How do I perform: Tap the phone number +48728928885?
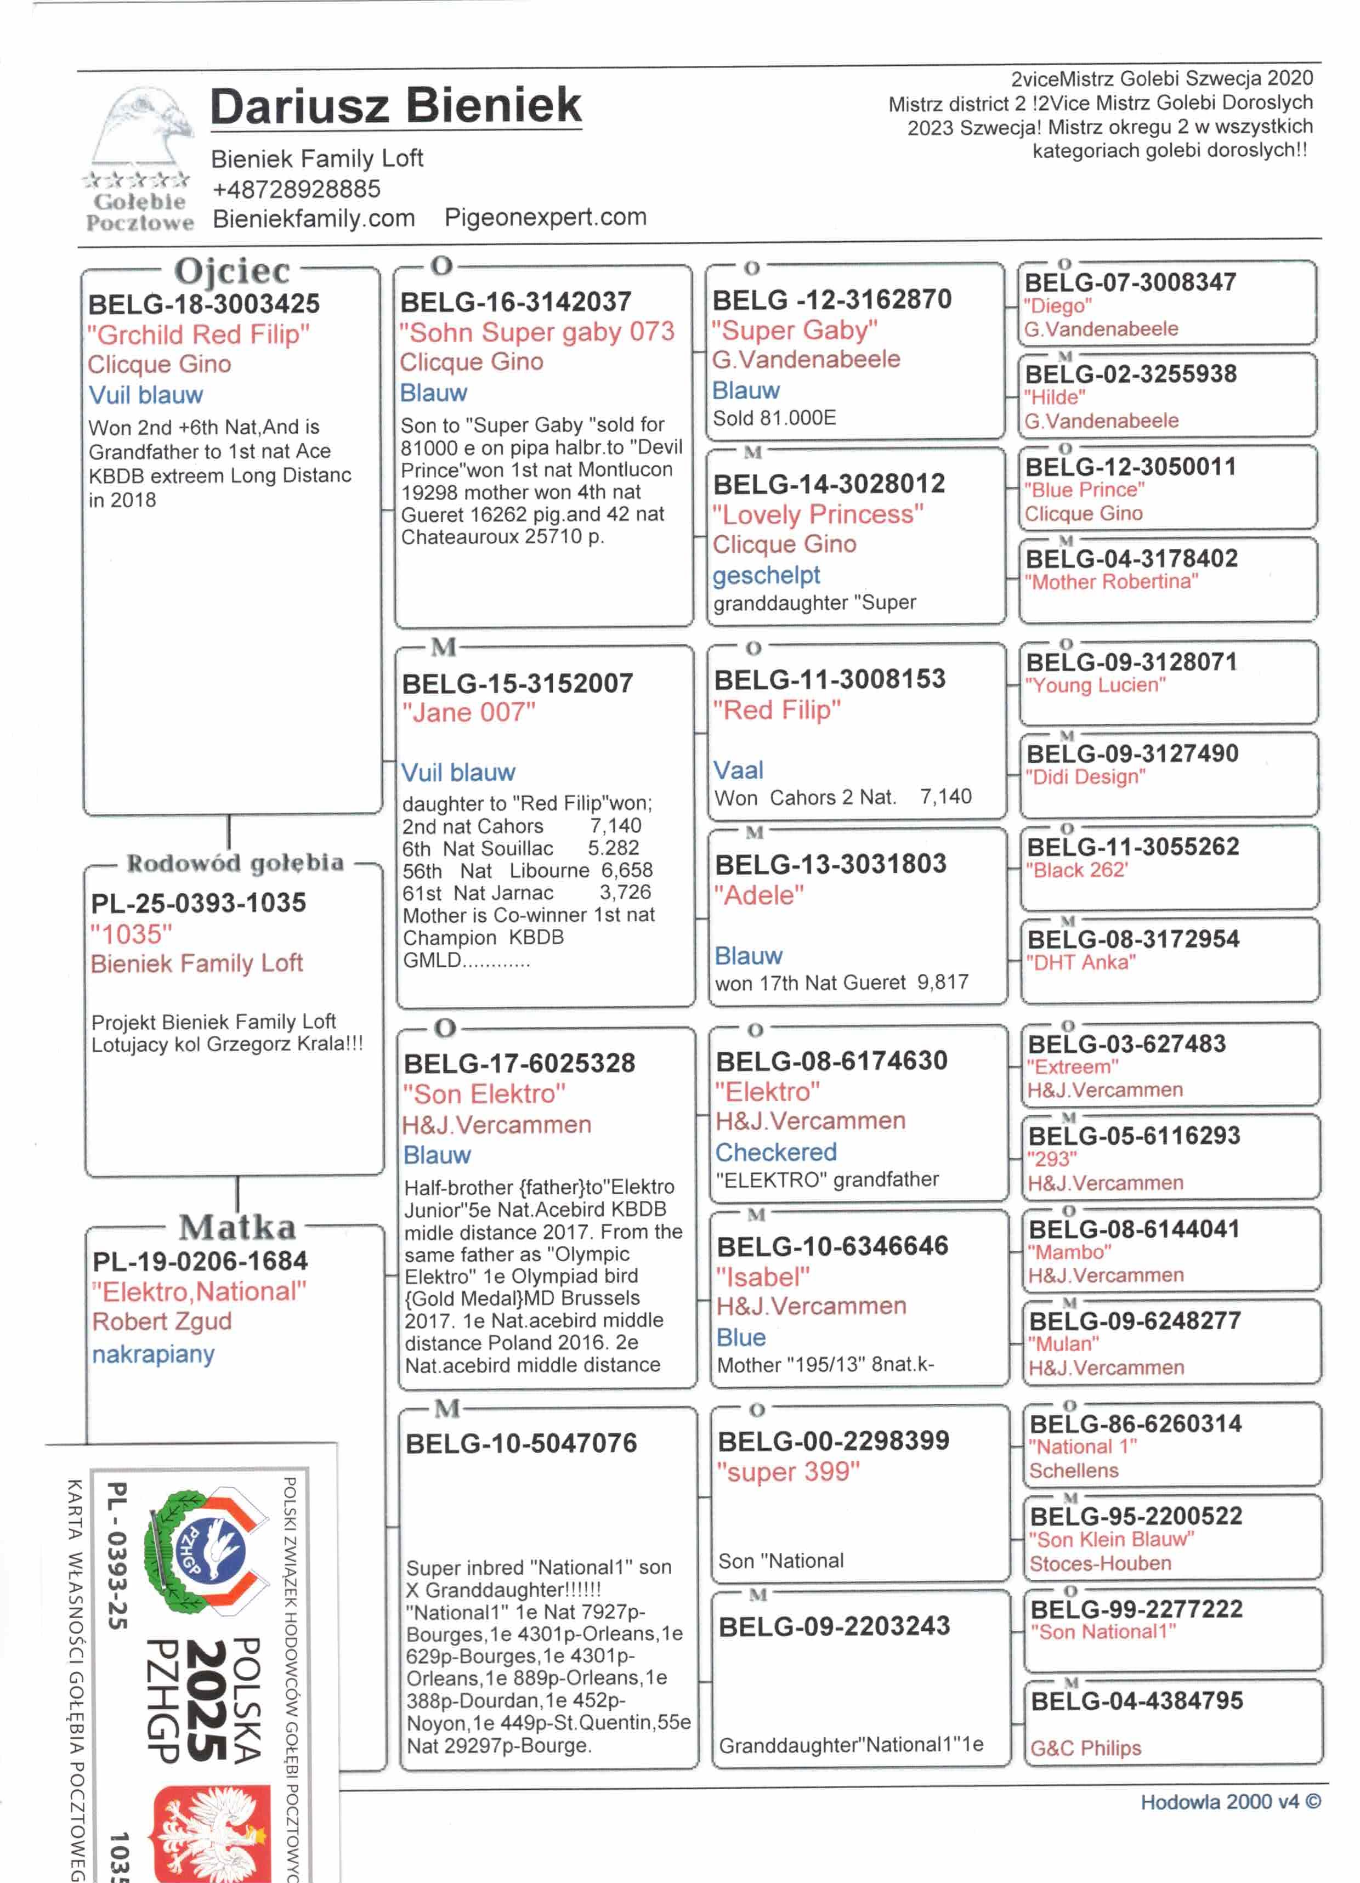[297, 189]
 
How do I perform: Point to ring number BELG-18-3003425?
[203, 305]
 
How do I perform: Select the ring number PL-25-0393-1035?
[199, 903]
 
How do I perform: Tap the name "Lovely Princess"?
[817, 515]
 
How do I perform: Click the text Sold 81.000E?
[774, 418]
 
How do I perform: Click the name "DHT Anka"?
[1080, 962]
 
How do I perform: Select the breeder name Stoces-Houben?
[1100, 1563]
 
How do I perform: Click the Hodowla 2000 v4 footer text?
[1229, 1802]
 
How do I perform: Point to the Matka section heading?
[237, 1227]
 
